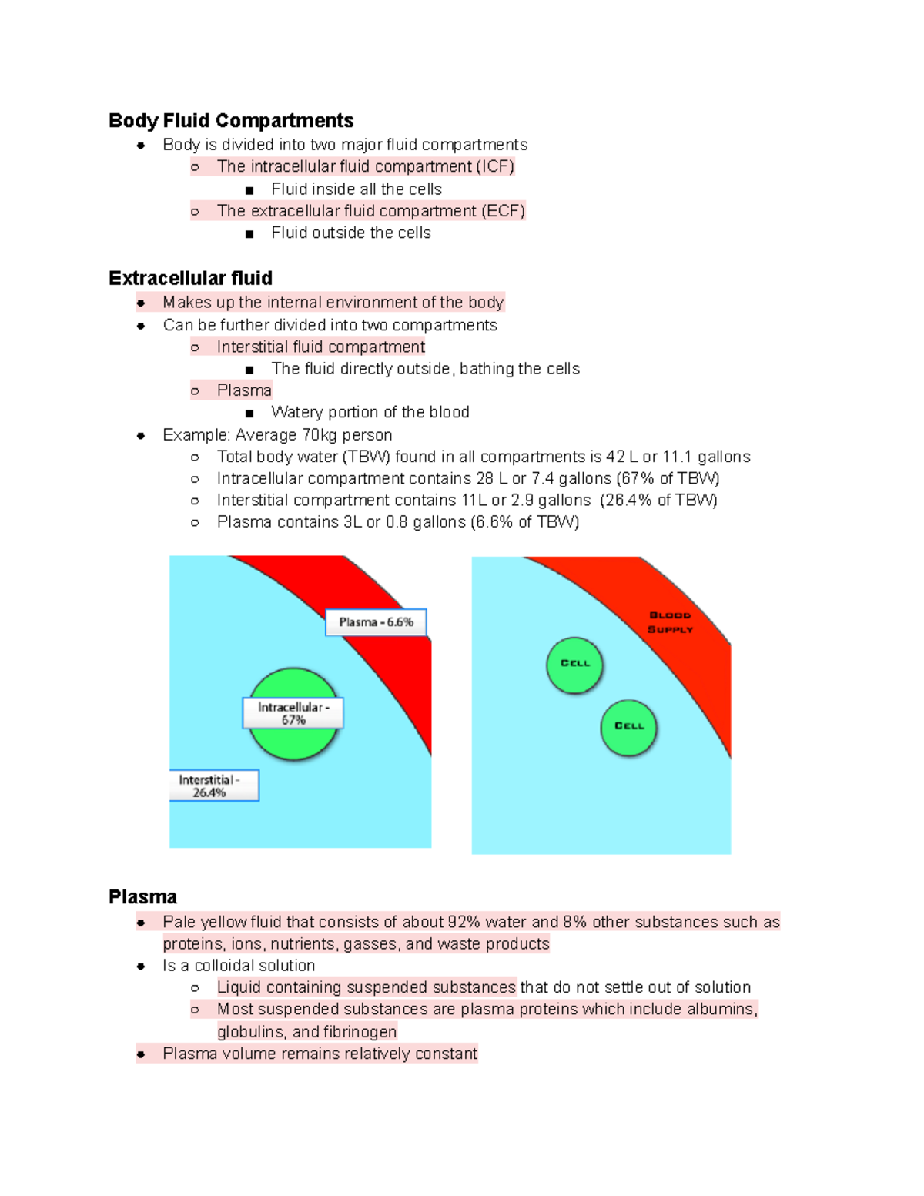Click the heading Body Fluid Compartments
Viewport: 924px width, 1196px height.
tap(231, 121)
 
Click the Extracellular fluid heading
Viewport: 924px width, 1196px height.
tap(190, 278)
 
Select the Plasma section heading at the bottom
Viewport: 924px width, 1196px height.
tap(142, 897)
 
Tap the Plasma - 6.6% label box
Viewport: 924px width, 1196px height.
tap(376, 622)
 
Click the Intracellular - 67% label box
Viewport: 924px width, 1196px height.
tap(293, 713)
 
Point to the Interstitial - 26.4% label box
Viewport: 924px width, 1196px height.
tap(213, 786)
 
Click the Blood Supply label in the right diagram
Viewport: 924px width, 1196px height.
tap(670, 622)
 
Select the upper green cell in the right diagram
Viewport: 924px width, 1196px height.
tap(574, 664)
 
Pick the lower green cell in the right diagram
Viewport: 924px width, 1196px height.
tap(628, 726)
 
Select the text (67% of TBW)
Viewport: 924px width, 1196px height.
tap(668, 478)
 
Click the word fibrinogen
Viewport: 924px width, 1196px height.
tap(360, 1032)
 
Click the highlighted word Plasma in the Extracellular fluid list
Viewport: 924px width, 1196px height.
tap(244, 390)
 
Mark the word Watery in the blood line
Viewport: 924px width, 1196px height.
tap(296, 413)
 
